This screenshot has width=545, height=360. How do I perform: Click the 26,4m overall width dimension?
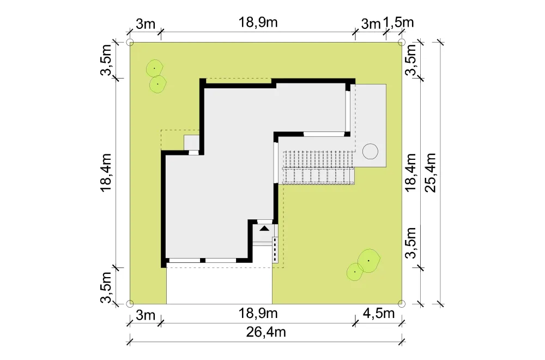[266, 332]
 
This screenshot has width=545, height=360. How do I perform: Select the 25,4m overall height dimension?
[431, 173]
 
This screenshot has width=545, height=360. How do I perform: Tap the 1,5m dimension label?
[398, 22]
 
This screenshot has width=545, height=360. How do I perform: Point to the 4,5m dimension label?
[379, 314]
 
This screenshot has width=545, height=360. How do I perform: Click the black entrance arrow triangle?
[264, 229]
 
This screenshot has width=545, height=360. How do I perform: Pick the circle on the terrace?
[370, 151]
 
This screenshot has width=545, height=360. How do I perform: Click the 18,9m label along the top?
[258, 22]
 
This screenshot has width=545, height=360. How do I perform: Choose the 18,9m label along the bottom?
[258, 314]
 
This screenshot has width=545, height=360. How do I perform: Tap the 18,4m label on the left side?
[106, 172]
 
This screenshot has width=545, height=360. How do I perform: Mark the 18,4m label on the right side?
[411, 172]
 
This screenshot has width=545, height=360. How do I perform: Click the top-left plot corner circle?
[130, 43]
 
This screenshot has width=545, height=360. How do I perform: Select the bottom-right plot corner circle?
[402, 304]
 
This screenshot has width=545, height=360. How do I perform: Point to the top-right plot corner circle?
[402, 43]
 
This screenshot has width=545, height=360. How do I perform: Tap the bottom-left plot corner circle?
[130, 304]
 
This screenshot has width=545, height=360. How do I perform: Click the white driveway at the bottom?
[219, 285]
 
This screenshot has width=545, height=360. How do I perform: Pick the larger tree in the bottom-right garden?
[369, 261]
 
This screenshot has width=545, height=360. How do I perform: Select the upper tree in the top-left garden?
[154, 69]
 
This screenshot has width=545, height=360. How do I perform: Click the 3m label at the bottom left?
[146, 315]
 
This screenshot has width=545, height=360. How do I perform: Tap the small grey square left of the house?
[191, 142]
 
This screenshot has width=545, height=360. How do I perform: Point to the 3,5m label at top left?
[106, 60]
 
